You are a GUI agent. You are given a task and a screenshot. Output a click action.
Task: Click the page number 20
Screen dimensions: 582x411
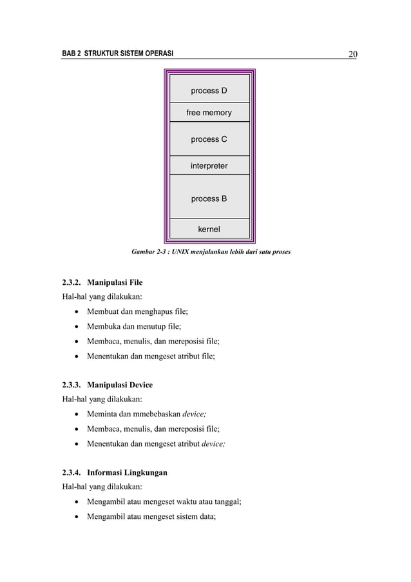(352, 53)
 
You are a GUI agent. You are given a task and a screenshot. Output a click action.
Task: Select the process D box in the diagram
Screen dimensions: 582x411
(209, 90)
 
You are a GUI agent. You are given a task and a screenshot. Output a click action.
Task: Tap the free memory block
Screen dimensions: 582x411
(209, 113)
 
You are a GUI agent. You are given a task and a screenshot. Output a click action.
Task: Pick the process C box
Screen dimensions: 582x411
(209, 139)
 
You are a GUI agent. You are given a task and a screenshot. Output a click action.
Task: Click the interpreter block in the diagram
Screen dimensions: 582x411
(209, 166)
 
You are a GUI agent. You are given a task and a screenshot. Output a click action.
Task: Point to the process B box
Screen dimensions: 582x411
(209, 199)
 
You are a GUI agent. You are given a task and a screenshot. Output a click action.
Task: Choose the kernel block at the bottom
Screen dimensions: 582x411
(209, 229)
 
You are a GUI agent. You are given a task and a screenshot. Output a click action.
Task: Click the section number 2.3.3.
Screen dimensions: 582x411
(65, 385)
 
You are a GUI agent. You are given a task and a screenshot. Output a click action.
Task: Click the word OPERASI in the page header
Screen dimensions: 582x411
(157, 53)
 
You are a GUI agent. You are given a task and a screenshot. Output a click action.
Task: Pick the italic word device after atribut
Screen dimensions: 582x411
(212, 443)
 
